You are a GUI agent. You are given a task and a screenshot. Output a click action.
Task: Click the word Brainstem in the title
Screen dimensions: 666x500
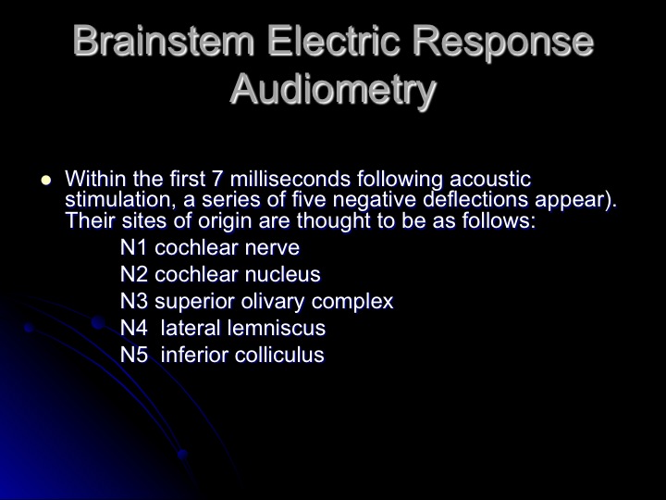click(x=164, y=41)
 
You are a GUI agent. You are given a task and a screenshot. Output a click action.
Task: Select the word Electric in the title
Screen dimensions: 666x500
click(x=334, y=41)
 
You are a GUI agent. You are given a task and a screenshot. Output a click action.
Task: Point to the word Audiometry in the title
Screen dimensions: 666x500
click(x=333, y=90)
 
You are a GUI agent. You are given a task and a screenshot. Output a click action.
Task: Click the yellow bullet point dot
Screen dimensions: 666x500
click(x=46, y=180)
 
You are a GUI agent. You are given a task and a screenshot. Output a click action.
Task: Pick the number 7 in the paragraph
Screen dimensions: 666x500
click(x=216, y=179)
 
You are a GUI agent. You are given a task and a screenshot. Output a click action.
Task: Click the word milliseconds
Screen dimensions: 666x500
click(x=290, y=179)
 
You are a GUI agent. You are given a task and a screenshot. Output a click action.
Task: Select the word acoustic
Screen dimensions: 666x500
click(x=490, y=179)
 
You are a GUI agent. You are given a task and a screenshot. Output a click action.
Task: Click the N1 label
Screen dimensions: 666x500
click(x=133, y=247)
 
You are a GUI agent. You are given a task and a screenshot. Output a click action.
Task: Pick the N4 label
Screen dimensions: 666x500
click(x=134, y=328)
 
